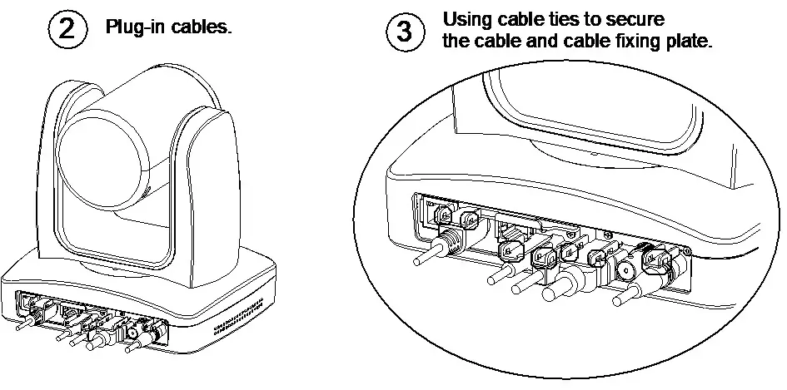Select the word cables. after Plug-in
pyautogui.click(x=202, y=27)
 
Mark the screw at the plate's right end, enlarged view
pyautogui.click(x=686, y=250)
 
